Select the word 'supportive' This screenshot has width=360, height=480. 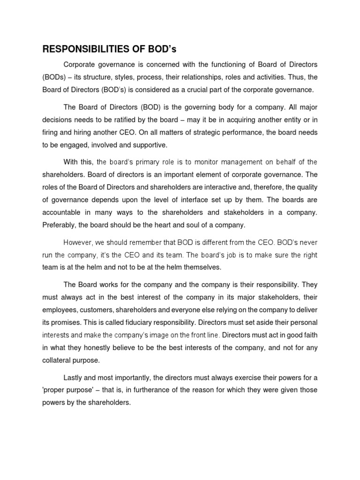(x=143, y=145)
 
